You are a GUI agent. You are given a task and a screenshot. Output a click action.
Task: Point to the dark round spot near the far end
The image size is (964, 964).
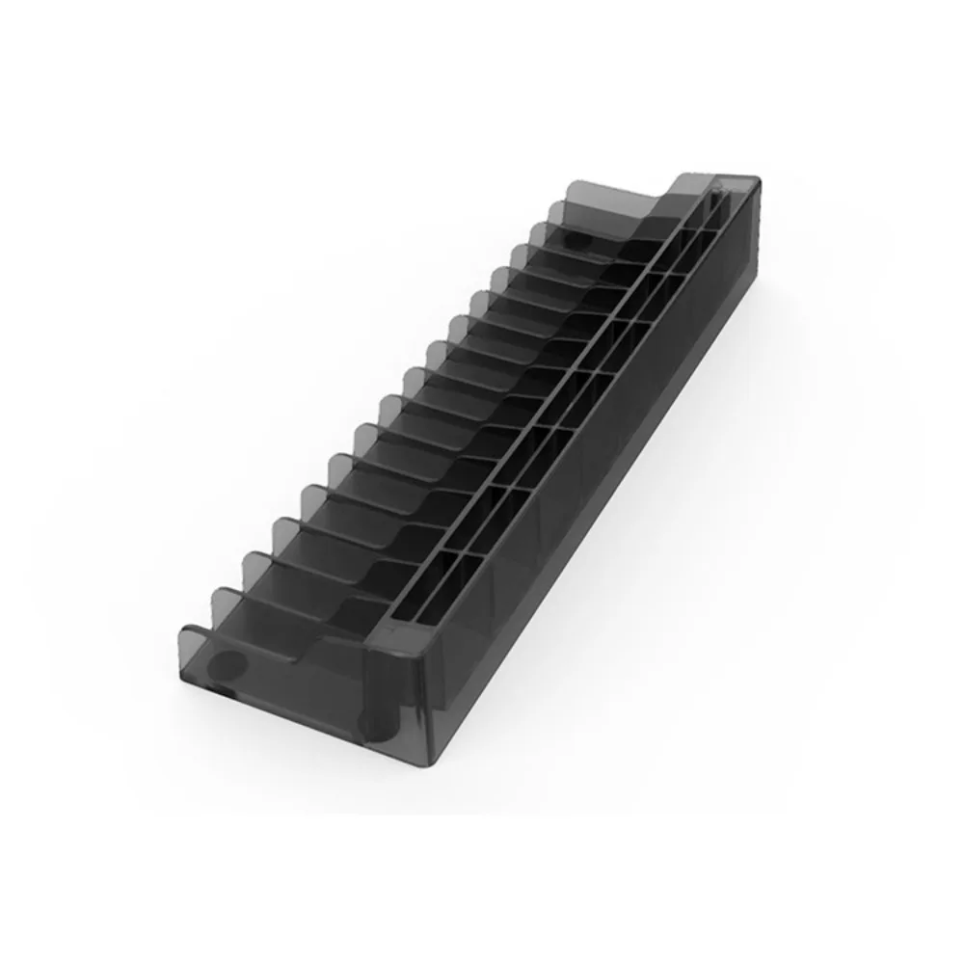coord(575,237)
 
